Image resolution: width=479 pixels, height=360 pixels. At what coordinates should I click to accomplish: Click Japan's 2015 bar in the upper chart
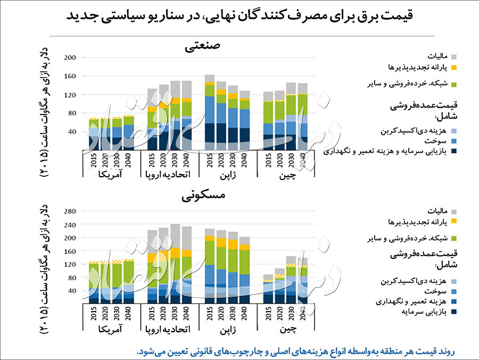[x=210, y=112]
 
